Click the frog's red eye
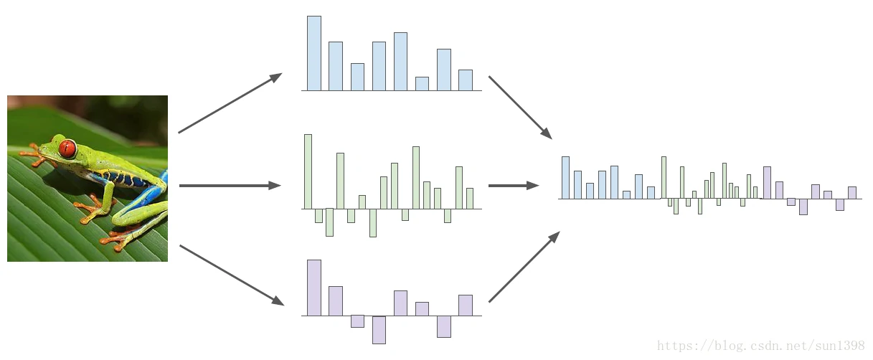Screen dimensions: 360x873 coord(67,148)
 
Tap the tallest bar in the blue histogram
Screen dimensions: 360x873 coord(314,54)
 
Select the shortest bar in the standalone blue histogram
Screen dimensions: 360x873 coord(422,84)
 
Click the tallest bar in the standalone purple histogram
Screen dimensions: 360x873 coord(314,288)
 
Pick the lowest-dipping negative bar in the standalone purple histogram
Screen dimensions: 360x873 coord(379,330)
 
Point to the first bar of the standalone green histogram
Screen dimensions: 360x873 coord(308,171)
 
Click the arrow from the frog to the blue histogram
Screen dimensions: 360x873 coord(230,103)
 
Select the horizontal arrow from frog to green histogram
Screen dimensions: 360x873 coord(230,186)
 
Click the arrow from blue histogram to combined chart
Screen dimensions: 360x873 coord(520,107)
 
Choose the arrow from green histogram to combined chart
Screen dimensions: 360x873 coord(514,186)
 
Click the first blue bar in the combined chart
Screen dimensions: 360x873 coord(565,178)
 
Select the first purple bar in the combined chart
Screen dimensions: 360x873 coord(767,183)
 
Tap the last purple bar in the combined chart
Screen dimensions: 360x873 coord(852,192)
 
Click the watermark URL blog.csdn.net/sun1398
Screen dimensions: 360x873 coord(761,346)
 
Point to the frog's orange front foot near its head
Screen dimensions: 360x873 coord(34,153)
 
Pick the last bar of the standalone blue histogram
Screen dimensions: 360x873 coord(466,80)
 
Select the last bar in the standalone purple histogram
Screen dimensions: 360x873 coord(466,305)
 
